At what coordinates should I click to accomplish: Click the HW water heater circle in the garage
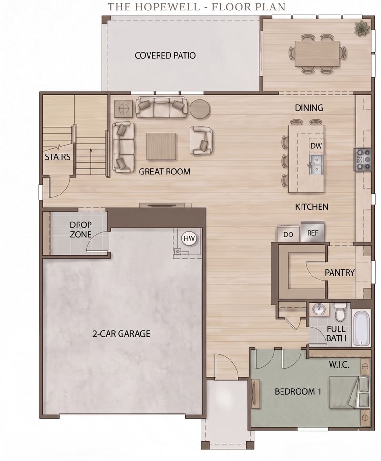pos(189,238)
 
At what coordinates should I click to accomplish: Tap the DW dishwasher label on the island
pos(316,146)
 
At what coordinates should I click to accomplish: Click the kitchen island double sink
pos(316,164)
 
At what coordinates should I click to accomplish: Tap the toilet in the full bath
pos(341,313)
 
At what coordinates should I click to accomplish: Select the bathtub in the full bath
pos(361,328)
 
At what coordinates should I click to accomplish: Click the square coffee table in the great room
pos(161,147)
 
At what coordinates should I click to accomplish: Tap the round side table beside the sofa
pos(200,109)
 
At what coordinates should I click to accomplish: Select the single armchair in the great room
pos(201,140)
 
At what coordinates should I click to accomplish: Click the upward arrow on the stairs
pos(91,161)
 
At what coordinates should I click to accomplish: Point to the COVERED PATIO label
pos(165,56)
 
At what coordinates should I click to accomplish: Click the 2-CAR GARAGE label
pos(121,333)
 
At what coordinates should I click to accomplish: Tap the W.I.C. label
pos(339,365)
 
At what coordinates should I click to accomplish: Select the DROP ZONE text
pos(81,230)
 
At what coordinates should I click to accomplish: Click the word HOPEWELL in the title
pos(168,7)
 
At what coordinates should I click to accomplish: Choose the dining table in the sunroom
pos(317,53)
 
